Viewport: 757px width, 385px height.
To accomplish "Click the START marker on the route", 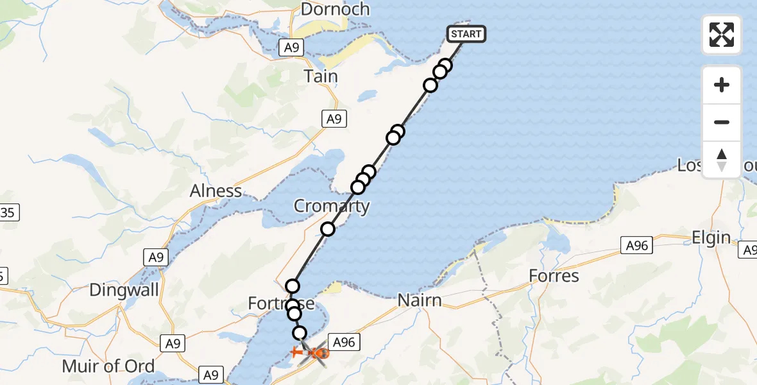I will coord(466,34).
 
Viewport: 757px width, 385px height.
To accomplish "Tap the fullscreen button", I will coord(722,35).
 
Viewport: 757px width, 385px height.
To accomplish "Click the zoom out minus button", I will coord(722,122).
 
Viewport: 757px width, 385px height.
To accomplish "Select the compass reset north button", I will coord(722,160).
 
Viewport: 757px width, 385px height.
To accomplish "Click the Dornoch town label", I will coord(335,10).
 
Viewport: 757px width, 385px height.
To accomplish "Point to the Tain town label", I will coord(321,76).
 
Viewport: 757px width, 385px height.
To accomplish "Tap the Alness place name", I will coord(216,191).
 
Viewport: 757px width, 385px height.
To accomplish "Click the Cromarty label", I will coord(332,206).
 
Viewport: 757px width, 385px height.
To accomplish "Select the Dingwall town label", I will coord(124,289).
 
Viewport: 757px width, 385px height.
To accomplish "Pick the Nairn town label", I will coord(420,300).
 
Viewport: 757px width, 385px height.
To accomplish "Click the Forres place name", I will coord(554,276).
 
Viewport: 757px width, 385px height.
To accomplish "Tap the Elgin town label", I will coord(711,238).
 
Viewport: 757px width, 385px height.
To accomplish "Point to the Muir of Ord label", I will coord(108,366).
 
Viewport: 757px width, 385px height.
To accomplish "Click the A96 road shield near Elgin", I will coord(636,244).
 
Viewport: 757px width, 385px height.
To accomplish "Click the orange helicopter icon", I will coord(320,353).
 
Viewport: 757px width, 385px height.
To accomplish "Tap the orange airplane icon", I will coord(298,352).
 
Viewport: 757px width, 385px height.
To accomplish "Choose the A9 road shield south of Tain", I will coord(333,118).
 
